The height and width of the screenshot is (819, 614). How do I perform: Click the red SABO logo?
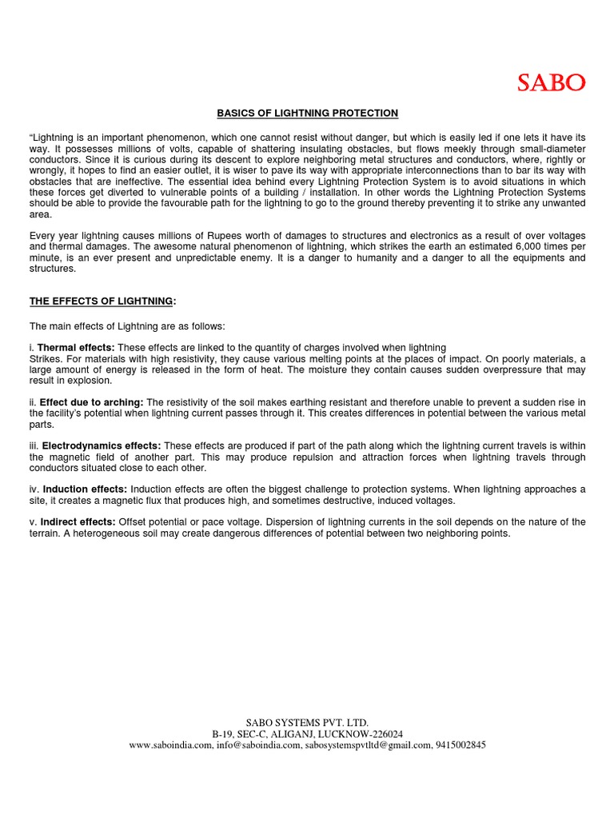tap(550, 82)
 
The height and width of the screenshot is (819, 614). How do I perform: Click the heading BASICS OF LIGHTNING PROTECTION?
tap(308, 114)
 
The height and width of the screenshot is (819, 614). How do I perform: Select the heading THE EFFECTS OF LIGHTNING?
tap(101, 301)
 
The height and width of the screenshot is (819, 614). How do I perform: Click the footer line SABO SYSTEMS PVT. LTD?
tap(308, 722)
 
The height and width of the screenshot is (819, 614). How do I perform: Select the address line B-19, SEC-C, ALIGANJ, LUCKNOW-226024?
tap(308, 733)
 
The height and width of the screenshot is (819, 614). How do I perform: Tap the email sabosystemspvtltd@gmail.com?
tap(368, 745)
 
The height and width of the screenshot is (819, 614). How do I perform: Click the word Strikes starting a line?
tap(45, 358)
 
